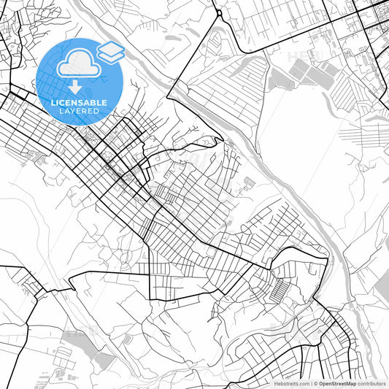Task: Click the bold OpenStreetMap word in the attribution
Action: coord(336,383)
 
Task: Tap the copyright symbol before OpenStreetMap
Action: coord(315,383)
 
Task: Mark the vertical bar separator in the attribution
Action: coord(310,383)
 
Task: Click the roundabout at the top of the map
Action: coord(219,13)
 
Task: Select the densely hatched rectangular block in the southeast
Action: coord(280,291)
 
